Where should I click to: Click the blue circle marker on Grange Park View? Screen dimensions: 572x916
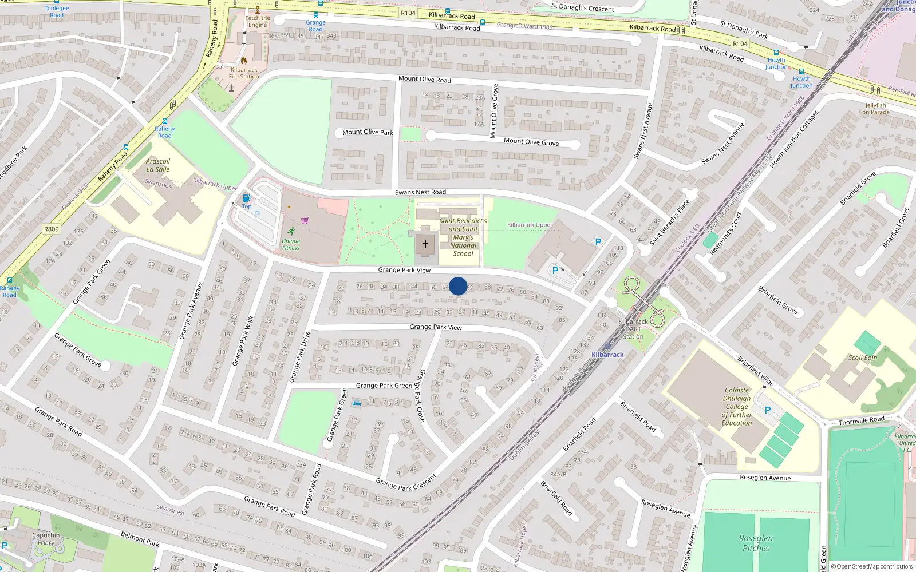pyautogui.click(x=458, y=286)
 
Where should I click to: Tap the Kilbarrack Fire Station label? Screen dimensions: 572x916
pyautogui.click(x=244, y=73)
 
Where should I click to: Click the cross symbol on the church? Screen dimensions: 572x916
pyautogui.click(x=425, y=244)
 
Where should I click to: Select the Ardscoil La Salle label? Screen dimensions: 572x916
pyautogui.click(x=158, y=165)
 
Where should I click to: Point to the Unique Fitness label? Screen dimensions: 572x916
pyautogui.click(x=291, y=244)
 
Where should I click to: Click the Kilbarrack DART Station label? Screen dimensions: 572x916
pyautogui.click(x=633, y=329)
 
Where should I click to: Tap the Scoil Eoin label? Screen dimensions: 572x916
pyautogui.click(x=863, y=357)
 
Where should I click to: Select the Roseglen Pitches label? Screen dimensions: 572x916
pyautogui.click(x=756, y=543)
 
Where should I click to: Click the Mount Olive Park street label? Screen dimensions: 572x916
pyautogui.click(x=368, y=132)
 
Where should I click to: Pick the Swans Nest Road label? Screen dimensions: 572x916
pyautogui.click(x=420, y=192)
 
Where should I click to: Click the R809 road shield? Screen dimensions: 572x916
pyautogui.click(x=51, y=229)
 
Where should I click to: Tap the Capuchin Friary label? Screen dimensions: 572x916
pyautogui.click(x=46, y=539)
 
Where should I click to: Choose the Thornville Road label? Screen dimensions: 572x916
pyautogui.click(x=861, y=420)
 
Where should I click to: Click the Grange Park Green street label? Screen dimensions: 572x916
pyautogui.click(x=384, y=386)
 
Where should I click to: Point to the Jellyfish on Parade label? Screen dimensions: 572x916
pyautogui.click(x=876, y=109)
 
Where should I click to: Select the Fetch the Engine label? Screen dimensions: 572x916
pyautogui.click(x=258, y=21)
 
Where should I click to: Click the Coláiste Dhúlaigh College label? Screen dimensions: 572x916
pyautogui.click(x=737, y=407)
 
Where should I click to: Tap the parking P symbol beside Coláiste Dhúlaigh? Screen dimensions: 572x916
pyautogui.click(x=768, y=410)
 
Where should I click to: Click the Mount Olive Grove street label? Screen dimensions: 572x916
pyautogui.click(x=531, y=141)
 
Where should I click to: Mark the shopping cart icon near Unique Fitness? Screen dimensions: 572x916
pyautogui.click(x=305, y=220)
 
